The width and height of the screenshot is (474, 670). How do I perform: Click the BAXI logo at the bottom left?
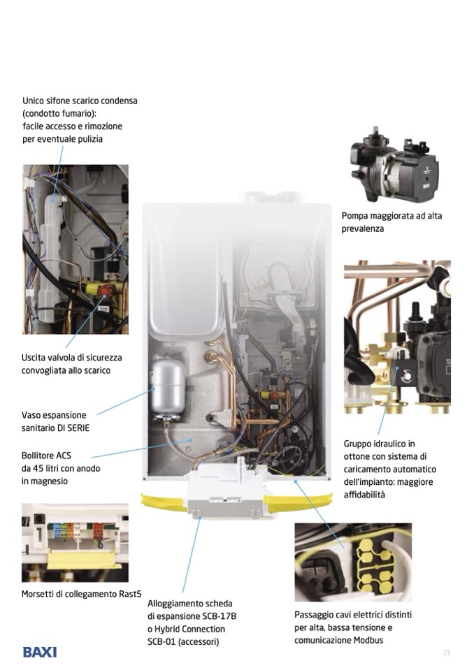[40, 652]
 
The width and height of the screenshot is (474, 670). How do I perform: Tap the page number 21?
[447, 653]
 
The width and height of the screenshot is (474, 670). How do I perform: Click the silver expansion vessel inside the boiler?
[168, 393]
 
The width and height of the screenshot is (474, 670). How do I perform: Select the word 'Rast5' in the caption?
[130, 594]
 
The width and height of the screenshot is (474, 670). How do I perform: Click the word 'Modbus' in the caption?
[368, 640]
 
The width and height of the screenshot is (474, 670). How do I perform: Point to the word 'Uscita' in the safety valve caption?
[34, 358]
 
